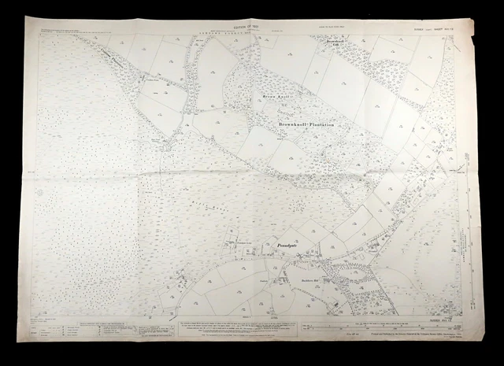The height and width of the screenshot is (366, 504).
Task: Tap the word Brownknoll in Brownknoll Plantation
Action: (x=296, y=124)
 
